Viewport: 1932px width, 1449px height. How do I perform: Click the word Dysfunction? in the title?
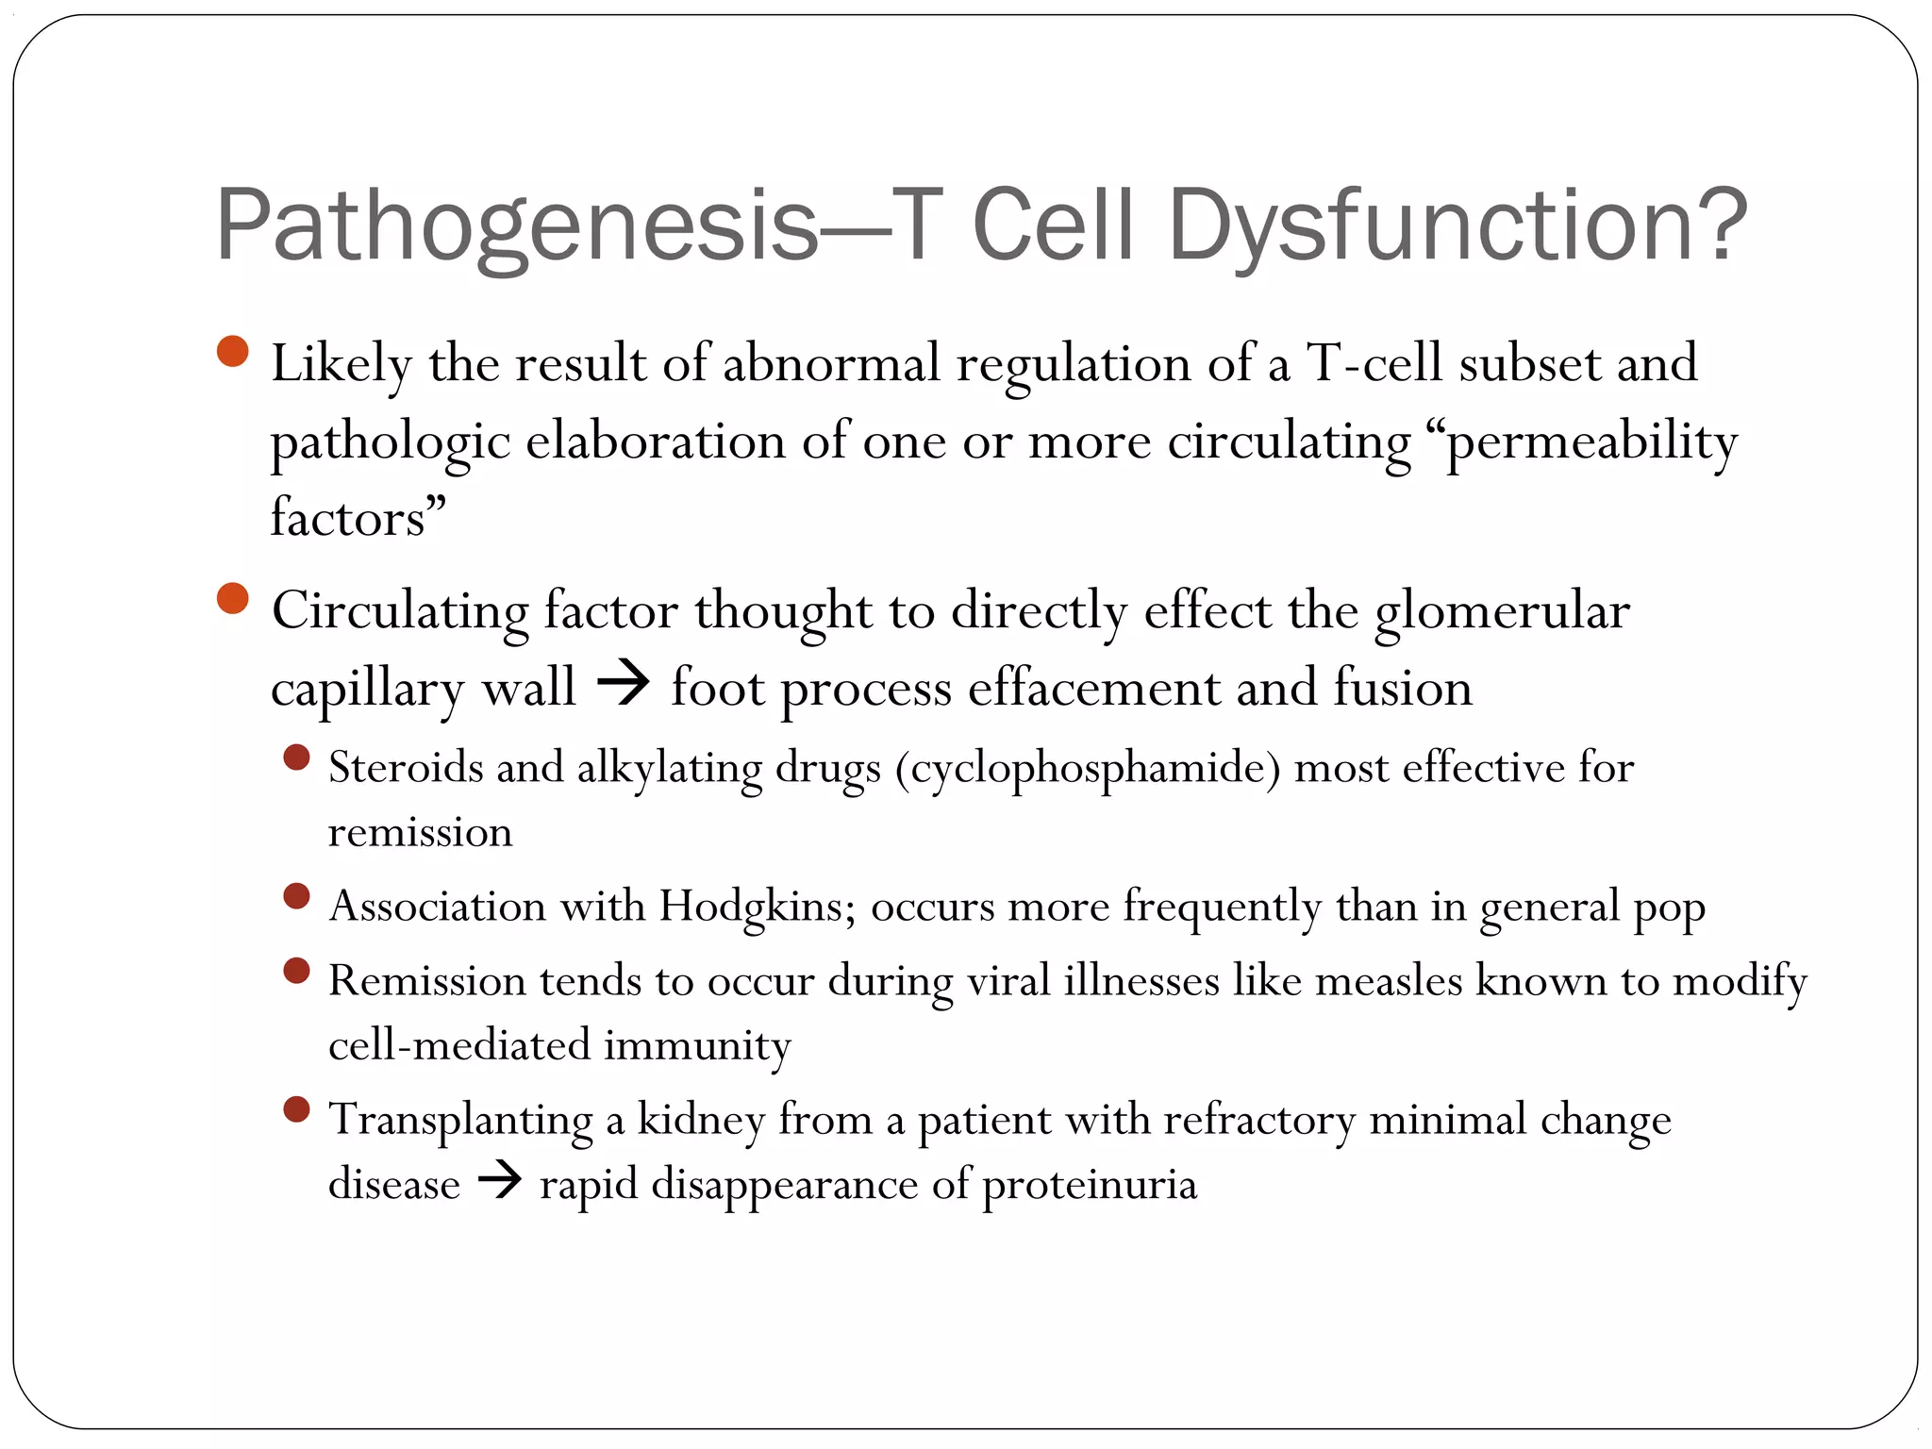tap(1457, 226)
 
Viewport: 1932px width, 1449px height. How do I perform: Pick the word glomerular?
tap(1502, 611)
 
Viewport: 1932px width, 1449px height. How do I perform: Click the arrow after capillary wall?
tap(624, 683)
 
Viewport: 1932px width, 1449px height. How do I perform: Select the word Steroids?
tap(406, 766)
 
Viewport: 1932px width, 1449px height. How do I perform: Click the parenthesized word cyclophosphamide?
tap(1088, 768)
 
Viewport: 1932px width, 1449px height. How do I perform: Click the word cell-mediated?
tap(458, 1045)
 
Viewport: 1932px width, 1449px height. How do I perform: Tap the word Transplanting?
tap(460, 1121)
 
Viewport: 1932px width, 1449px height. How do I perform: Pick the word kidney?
tap(701, 1120)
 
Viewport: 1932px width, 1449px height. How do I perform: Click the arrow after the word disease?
tap(500, 1180)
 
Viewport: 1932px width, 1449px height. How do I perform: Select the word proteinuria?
tap(1090, 1185)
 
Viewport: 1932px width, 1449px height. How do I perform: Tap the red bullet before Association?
tap(296, 895)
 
